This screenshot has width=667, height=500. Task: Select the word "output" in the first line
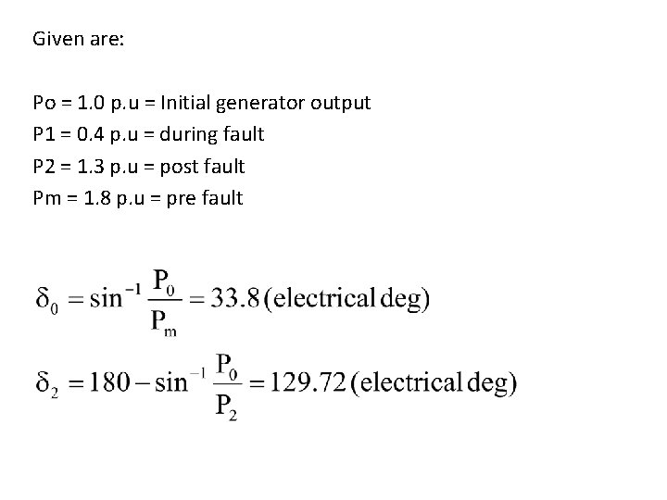pyautogui.click(x=343, y=103)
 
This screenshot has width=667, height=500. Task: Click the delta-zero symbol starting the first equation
pyautogui.click(x=45, y=301)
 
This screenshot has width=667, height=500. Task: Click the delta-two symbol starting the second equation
pyautogui.click(x=45, y=383)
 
